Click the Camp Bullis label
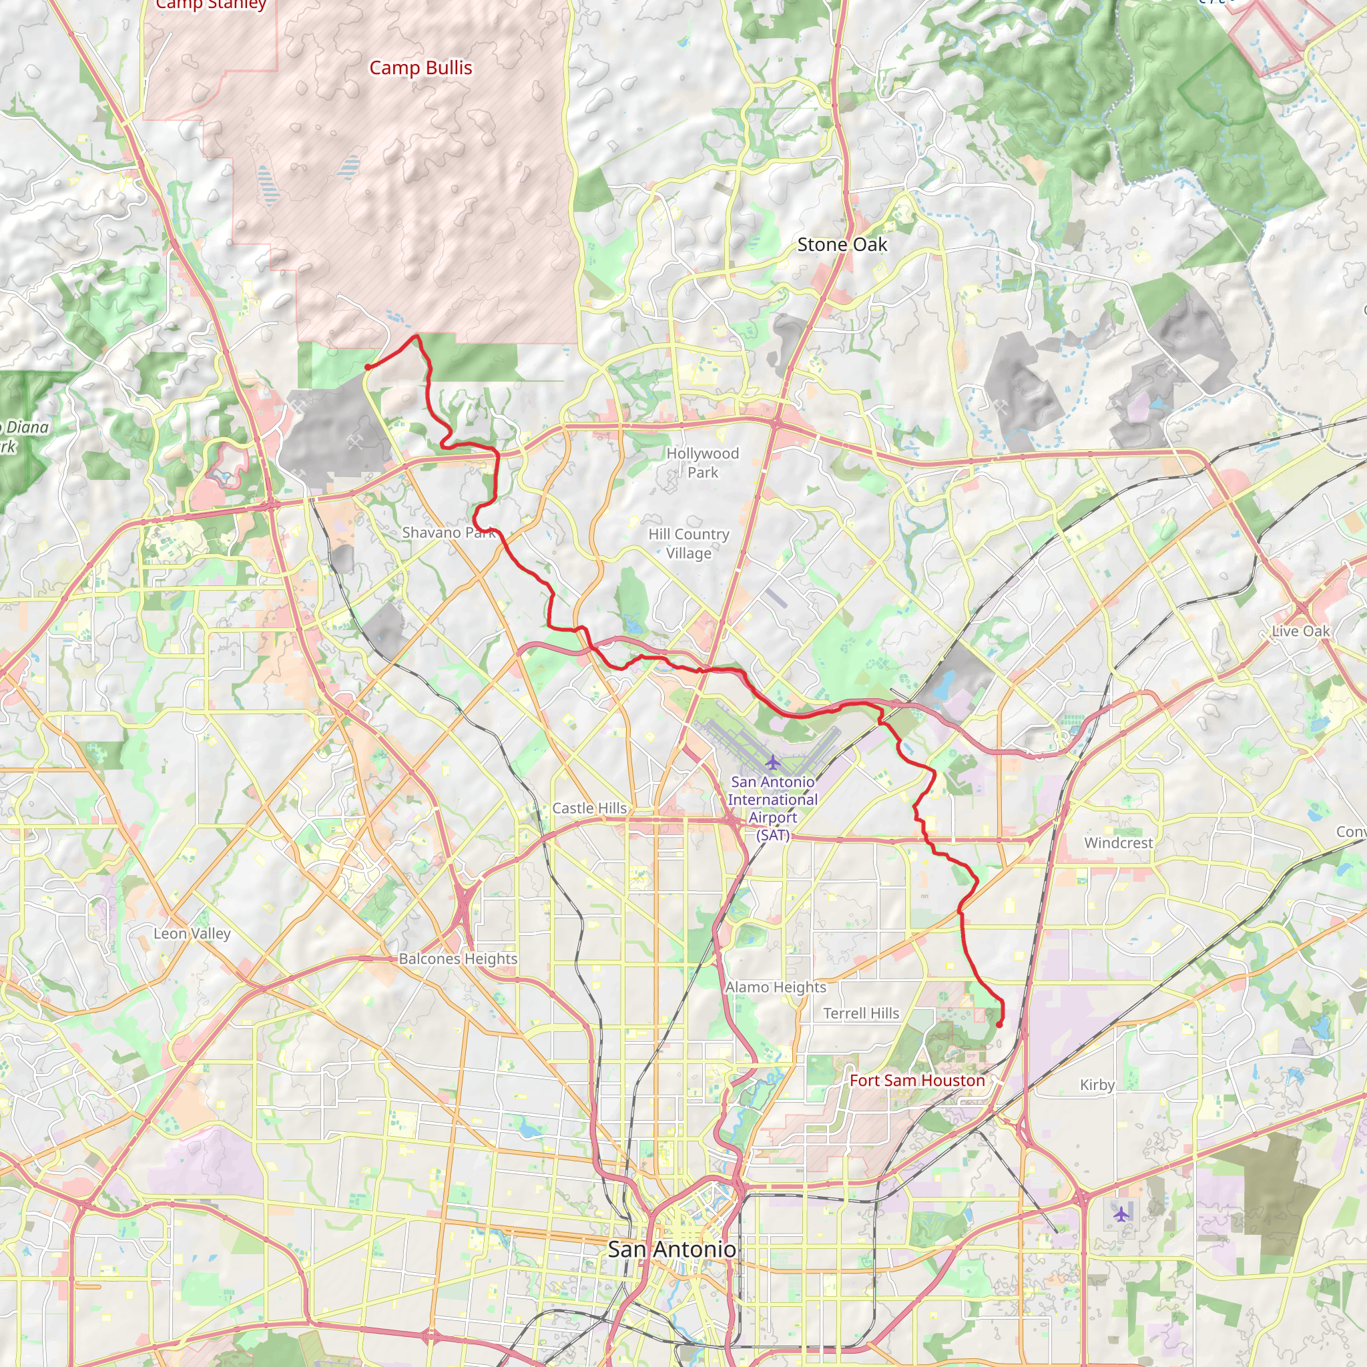pos(421,68)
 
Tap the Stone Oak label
pos(842,245)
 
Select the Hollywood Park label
pos(703,463)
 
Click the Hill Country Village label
pos(688,543)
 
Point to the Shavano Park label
pos(449,532)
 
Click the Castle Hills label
pos(589,808)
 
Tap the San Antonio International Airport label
pos(773,808)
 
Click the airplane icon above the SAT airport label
pos(773,763)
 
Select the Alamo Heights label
pos(776,987)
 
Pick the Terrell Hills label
pos(861,1013)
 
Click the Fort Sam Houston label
pos(917,1081)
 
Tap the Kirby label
pos(1097,1085)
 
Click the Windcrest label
pos(1119,843)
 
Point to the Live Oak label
pos(1300,631)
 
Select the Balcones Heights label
pos(458,959)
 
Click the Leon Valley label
pos(192,933)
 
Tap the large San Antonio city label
pos(671,1250)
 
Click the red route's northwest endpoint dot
pos(368,366)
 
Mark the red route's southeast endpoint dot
pos(999,1025)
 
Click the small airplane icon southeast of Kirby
pos(1121,1215)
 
